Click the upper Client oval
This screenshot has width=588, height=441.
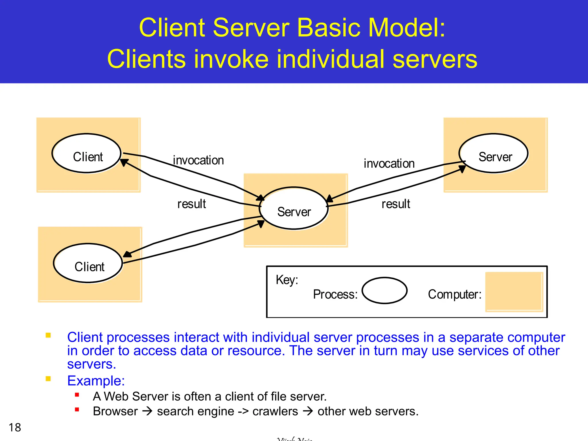tap(86, 153)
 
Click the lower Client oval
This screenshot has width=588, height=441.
tap(88, 263)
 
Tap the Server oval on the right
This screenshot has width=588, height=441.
tap(494, 153)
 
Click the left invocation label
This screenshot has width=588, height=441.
tap(198, 160)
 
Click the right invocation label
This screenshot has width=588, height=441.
tap(389, 164)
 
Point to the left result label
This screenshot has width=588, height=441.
tap(192, 204)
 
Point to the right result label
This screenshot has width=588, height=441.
tap(396, 204)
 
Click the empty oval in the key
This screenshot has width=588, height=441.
tap(384, 290)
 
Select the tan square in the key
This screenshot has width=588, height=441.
tap(514, 292)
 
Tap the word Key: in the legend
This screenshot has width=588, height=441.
tap(287, 280)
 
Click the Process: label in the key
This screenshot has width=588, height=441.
tap(335, 294)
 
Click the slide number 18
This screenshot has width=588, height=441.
tap(15, 428)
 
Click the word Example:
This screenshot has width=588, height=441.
tap(96, 381)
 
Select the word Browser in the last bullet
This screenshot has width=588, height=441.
tap(115, 411)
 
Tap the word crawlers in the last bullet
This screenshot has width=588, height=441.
tap(275, 411)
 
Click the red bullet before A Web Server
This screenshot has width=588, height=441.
tap(77, 395)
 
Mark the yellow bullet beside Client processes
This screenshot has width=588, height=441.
tap(48, 335)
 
